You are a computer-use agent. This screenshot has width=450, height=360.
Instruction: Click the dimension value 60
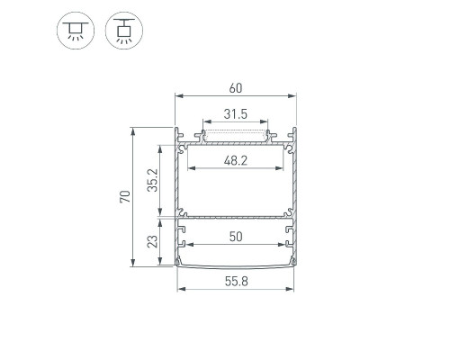236,88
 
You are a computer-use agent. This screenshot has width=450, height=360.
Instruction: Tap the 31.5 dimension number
236,114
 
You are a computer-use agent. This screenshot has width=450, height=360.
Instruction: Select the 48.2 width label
236,161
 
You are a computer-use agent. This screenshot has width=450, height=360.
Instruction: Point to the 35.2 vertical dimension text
152,180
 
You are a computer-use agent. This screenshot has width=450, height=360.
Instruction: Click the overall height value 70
125,196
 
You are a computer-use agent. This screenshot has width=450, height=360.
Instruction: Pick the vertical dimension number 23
152,241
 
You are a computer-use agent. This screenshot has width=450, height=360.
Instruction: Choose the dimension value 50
236,237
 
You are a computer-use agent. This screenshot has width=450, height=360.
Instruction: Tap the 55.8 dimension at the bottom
237,282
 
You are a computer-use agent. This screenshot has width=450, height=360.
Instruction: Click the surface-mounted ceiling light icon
76,31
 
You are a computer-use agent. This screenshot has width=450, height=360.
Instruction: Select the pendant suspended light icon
124,31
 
